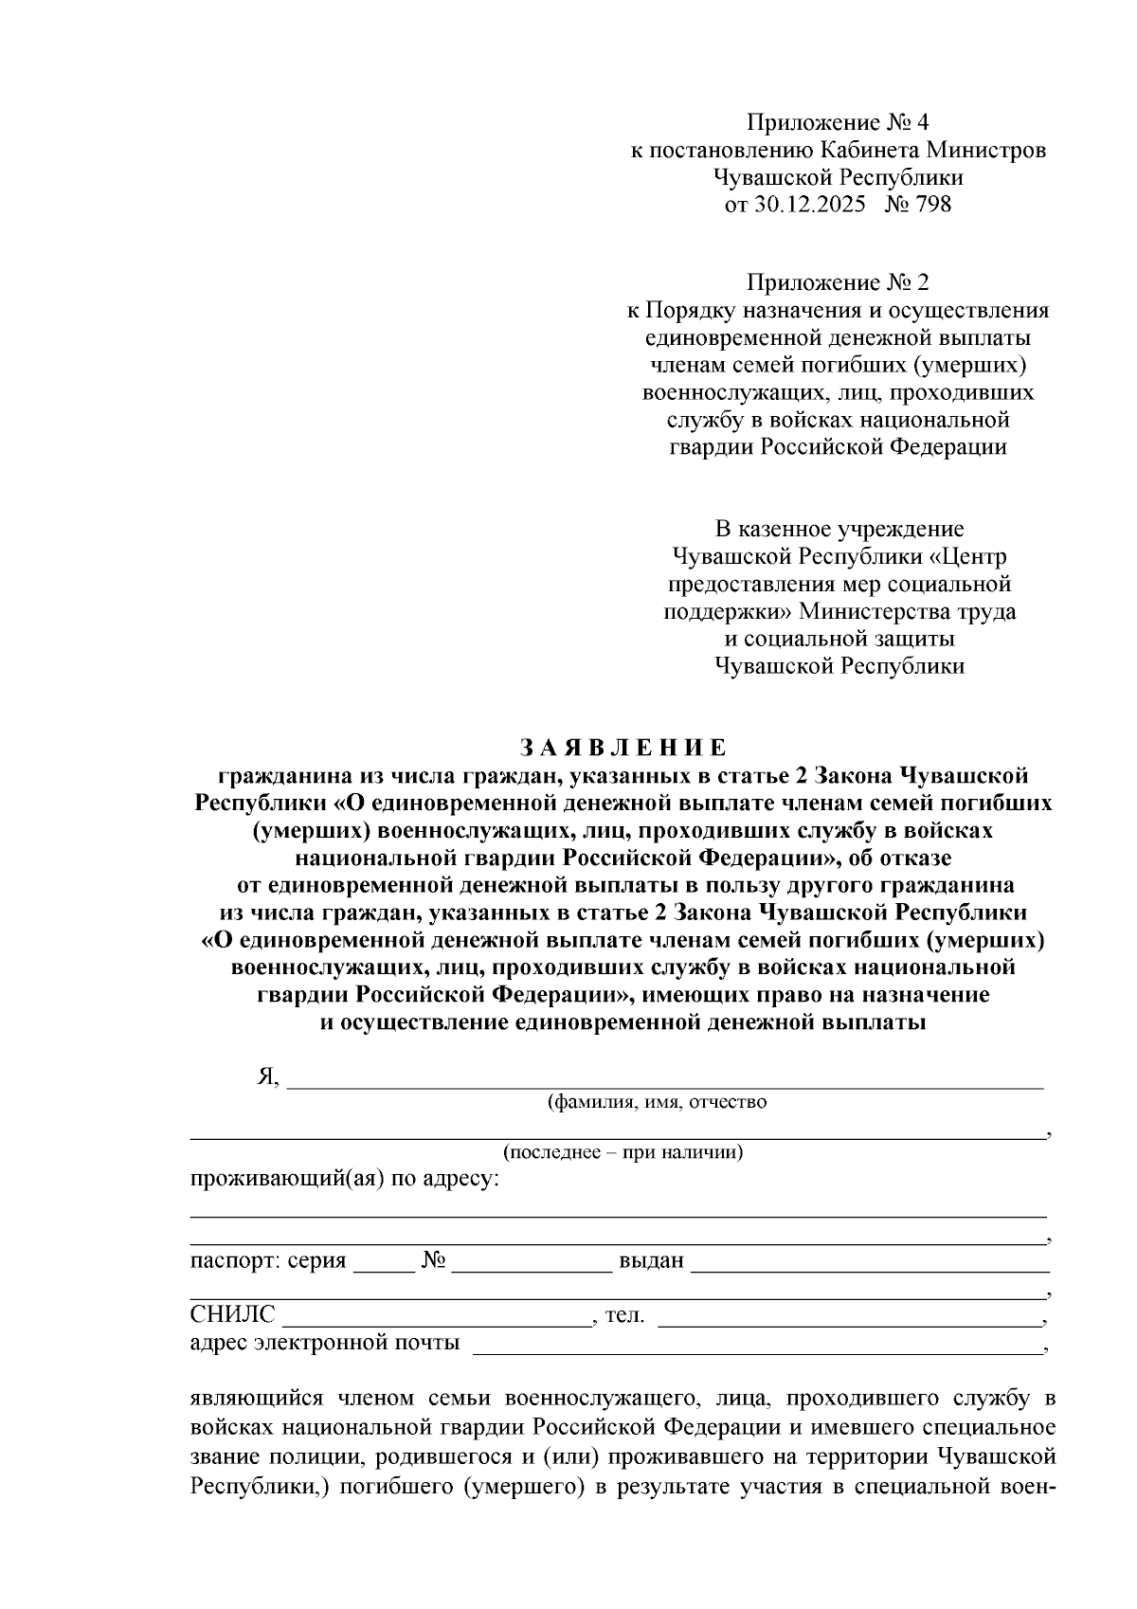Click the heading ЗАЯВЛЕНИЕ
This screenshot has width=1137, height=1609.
(x=624, y=748)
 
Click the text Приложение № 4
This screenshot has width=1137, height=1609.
(x=839, y=122)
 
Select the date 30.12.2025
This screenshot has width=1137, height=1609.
(x=809, y=204)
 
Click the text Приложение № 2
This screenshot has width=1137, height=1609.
(x=839, y=282)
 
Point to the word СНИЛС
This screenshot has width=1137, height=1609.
(x=233, y=1314)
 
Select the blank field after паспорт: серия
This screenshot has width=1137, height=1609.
(x=384, y=1265)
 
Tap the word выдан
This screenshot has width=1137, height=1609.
(x=651, y=1261)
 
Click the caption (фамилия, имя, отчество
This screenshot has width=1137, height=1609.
(x=657, y=1102)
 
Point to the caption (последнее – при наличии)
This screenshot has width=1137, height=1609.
(x=623, y=1152)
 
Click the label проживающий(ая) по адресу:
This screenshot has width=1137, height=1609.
(x=345, y=1181)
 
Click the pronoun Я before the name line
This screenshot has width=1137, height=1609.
(x=265, y=1077)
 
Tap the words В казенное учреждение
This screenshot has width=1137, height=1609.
(x=839, y=528)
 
